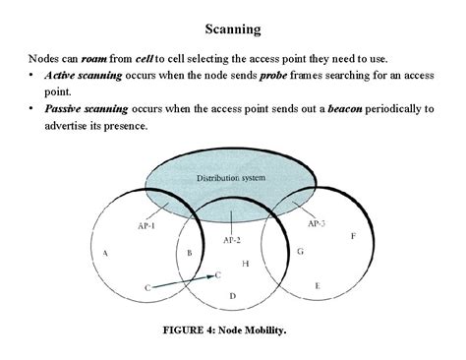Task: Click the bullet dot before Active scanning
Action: (32, 76)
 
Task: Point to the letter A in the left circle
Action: (105, 253)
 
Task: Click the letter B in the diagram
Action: (189, 254)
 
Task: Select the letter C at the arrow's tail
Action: (147, 287)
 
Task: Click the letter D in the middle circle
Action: (232, 295)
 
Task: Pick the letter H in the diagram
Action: (245, 264)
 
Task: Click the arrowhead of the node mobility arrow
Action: (209, 276)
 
